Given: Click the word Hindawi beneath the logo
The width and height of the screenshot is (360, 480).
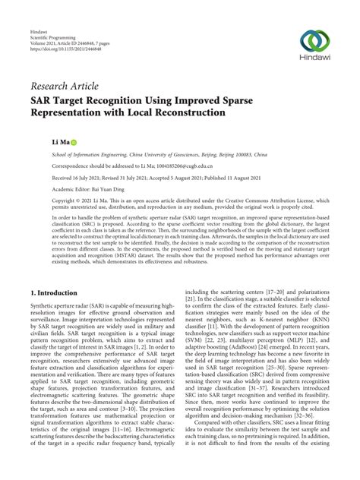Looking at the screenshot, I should click(314, 59).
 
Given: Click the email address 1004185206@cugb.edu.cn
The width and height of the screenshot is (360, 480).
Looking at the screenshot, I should click(181, 165).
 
